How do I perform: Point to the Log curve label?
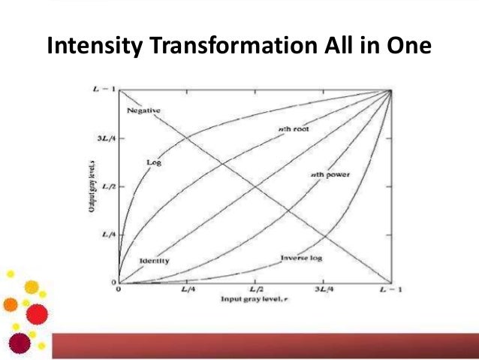(x=154, y=162)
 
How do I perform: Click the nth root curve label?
(x=294, y=129)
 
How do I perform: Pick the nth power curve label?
(x=330, y=174)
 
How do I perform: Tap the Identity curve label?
(x=153, y=261)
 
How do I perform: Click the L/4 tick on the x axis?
(x=188, y=289)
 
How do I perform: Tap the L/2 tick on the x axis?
(x=256, y=289)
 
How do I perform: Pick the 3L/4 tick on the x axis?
(x=323, y=289)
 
